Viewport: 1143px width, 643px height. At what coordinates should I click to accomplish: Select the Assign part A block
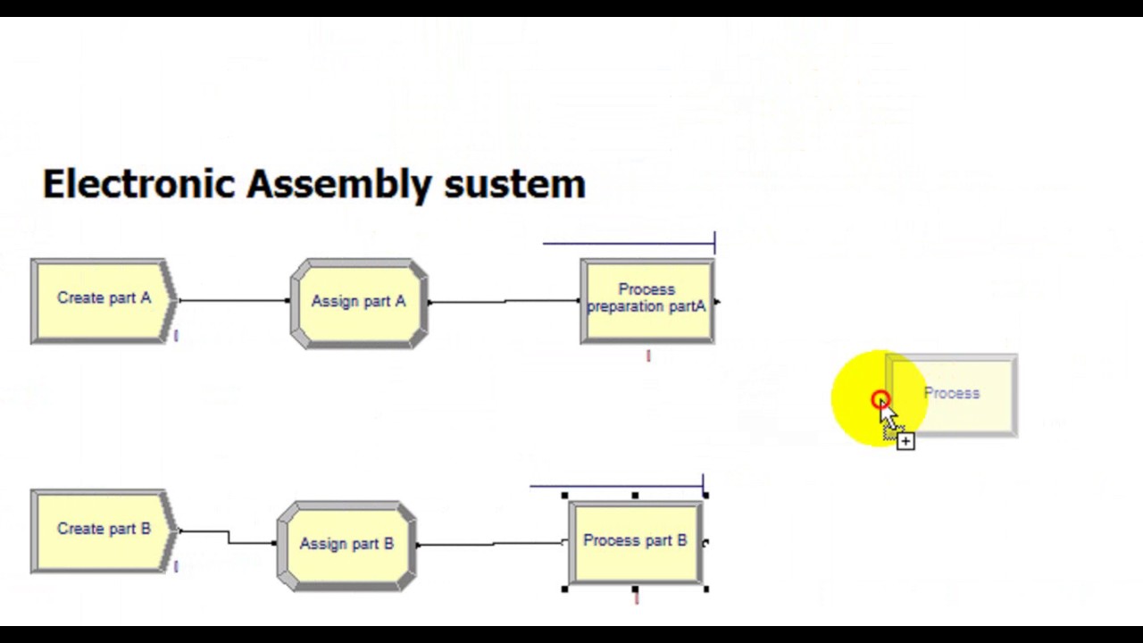click(x=358, y=303)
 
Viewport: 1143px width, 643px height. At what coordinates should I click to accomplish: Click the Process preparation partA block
click(x=647, y=300)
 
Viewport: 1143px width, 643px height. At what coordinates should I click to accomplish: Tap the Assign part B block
click(x=346, y=545)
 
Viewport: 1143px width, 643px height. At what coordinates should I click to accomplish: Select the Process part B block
click(x=635, y=542)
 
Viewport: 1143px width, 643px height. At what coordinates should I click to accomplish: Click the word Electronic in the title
click(x=138, y=184)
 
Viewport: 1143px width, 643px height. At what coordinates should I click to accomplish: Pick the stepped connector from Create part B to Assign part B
click(x=229, y=537)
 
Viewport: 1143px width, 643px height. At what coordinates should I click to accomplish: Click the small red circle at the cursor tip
click(x=880, y=400)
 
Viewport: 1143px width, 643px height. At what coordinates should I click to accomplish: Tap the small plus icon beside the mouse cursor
click(x=905, y=441)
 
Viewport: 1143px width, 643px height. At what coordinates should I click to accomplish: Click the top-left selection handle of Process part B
click(x=565, y=496)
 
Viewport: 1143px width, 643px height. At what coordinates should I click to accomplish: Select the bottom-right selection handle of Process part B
click(x=705, y=589)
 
